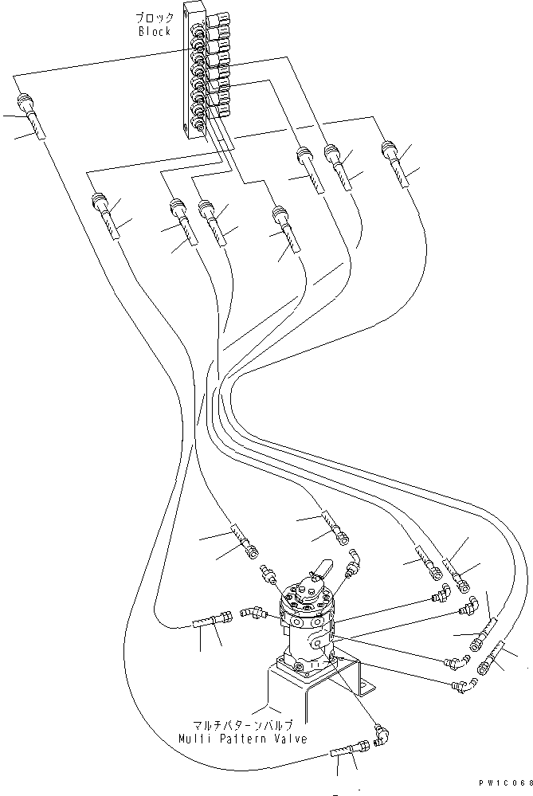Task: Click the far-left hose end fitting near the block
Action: [24, 107]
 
